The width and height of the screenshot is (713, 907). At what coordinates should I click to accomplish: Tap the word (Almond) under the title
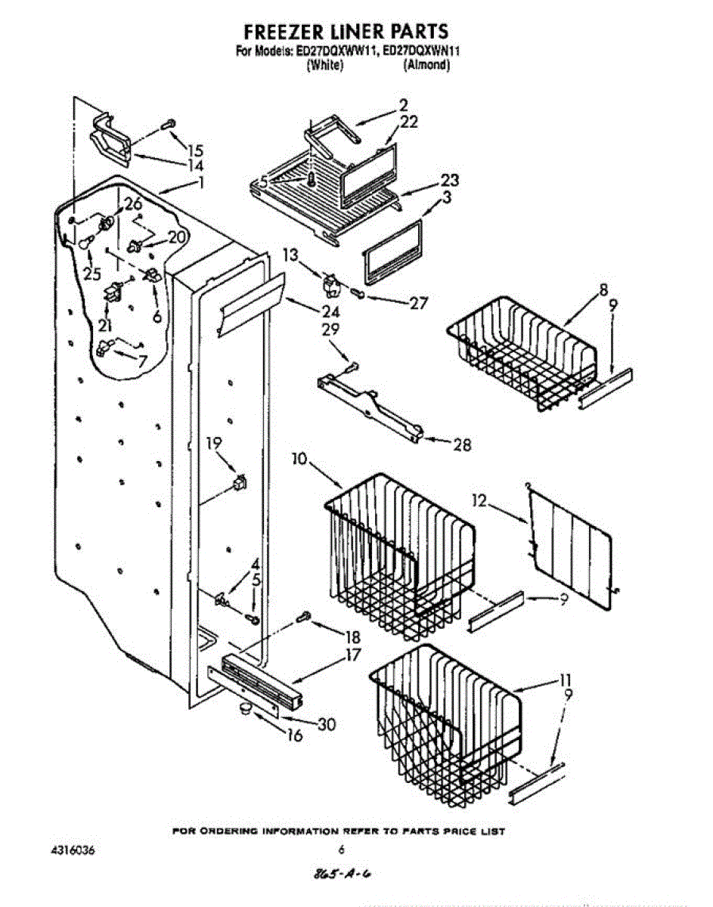(426, 65)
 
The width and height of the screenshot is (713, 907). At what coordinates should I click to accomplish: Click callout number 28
(460, 445)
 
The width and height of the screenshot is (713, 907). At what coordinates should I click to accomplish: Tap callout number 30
(326, 724)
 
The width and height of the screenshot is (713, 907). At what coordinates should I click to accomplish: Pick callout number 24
(330, 311)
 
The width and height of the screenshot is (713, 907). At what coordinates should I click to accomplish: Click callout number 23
(449, 181)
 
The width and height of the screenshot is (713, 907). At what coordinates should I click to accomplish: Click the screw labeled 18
(305, 615)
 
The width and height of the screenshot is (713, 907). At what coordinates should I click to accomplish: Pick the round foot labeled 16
(245, 708)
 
